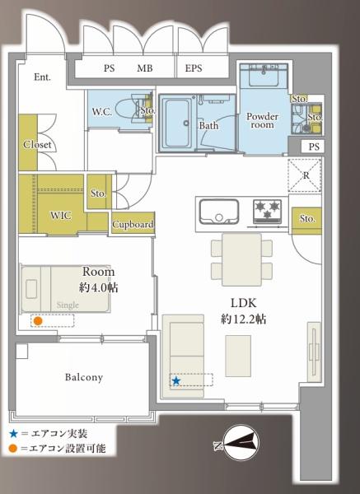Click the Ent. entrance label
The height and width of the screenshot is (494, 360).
[x=42, y=77]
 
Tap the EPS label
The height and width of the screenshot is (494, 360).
[x=194, y=68]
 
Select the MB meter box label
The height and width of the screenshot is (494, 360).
[x=145, y=68]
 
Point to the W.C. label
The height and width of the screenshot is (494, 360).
[x=102, y=111]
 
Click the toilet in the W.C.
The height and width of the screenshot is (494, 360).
[x=129, y=110]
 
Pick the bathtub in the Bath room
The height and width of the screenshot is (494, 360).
[x=177, y=123]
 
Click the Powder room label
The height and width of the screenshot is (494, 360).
[x=262, y=120]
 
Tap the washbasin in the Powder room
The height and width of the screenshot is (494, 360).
[x=264, y=76]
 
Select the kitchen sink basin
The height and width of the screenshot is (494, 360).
[x=219, y=211]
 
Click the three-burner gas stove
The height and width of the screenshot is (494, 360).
[x=267, y=211]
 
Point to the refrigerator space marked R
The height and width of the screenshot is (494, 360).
[x=305, y=175]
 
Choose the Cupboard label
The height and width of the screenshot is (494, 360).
[x=133, y=224]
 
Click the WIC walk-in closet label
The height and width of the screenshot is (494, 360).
[x=61, y=216]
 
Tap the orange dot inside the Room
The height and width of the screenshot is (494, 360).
[x=38, y=321]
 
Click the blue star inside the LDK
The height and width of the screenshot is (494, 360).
[x=176, y=381]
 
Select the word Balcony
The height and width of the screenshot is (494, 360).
[x=84, y=377]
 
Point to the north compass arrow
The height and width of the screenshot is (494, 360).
[x=239, y=443]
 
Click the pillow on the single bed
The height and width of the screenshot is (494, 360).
[x=31, y=289]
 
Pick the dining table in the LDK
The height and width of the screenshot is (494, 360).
[x=241, y=259]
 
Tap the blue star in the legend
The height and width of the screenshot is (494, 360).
[x=13, y=434]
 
